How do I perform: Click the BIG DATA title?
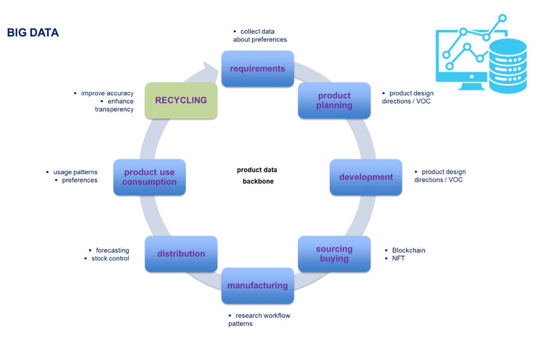pos(33,33)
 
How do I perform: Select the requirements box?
pos(258,69)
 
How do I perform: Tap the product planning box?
pos(334,100)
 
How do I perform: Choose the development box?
pos(366,177)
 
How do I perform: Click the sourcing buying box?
pos(334,254)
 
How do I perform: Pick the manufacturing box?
pos(258,285)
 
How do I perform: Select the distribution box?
pos(181,254)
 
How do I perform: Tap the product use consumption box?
pos(150,177)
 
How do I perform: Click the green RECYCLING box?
pos(181,100)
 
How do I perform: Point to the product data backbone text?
pos(258,175)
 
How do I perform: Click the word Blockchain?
pos(408,250)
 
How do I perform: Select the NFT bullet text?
pos(399,258)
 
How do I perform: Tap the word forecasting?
pos(112,250)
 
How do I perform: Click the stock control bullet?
pos(110,258)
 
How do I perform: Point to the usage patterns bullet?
pos(75,172)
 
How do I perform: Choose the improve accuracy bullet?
pos(107,93)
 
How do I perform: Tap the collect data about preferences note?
pos(259,35)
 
